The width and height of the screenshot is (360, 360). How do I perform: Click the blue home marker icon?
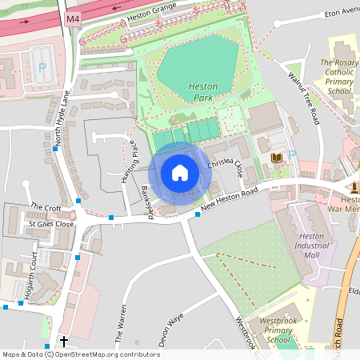179,173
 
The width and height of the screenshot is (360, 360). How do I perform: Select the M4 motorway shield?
74,18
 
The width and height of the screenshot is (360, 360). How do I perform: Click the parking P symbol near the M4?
42,68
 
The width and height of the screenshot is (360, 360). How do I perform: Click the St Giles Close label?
51,224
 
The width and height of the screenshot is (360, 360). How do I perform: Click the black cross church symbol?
63,341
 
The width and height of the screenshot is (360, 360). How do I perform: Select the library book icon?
276,158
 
